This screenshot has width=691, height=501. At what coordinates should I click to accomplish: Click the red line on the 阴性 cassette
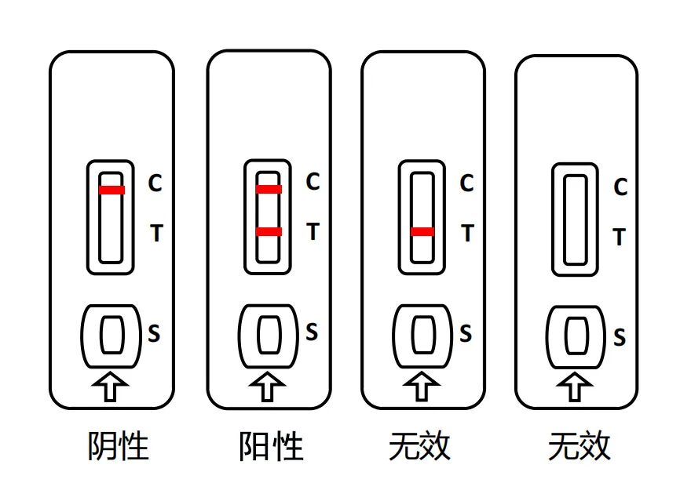112,190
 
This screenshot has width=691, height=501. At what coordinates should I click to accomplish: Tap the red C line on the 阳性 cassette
269,189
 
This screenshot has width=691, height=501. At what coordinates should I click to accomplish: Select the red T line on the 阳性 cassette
269,231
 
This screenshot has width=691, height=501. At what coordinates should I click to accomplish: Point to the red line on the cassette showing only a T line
422,231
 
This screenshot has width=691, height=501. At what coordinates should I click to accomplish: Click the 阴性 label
118,447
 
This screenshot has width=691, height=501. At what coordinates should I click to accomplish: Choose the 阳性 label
271,447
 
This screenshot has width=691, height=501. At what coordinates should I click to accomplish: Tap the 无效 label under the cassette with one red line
420,447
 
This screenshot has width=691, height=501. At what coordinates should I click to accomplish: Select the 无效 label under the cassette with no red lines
579,448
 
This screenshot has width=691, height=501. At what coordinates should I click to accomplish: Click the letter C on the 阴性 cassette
155,183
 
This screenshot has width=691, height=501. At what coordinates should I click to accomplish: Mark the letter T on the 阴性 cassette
155,233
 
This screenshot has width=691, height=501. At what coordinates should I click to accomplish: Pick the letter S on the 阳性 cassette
312,332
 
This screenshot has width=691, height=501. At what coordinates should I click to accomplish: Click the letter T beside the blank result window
619,237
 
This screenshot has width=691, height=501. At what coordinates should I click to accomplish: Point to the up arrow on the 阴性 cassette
112,387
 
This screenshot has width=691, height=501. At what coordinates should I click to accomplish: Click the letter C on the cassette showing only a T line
466,183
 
